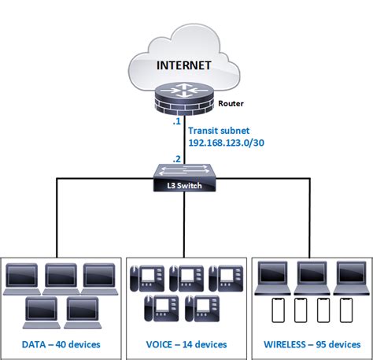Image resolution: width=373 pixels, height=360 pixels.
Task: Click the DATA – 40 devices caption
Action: click(x=63, y=344)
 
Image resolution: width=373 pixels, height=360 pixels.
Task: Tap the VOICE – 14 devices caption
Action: click(x=186, y=344)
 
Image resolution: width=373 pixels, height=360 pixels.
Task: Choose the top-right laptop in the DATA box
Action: click(x=99, y=276)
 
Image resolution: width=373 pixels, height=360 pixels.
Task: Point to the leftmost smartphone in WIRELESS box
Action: click(x=276, y=311)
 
